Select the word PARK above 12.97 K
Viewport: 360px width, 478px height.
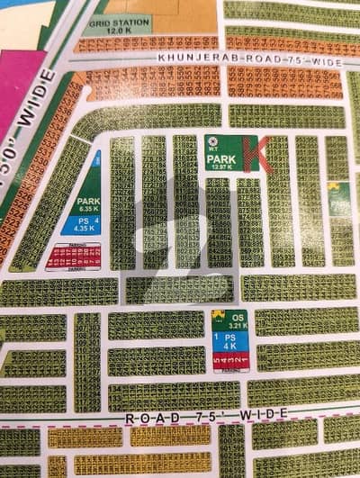[222, 158]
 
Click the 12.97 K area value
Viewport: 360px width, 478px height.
[222, 167]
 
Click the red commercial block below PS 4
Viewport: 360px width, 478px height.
[73, 257]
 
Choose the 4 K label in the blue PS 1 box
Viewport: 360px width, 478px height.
[230, 346]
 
